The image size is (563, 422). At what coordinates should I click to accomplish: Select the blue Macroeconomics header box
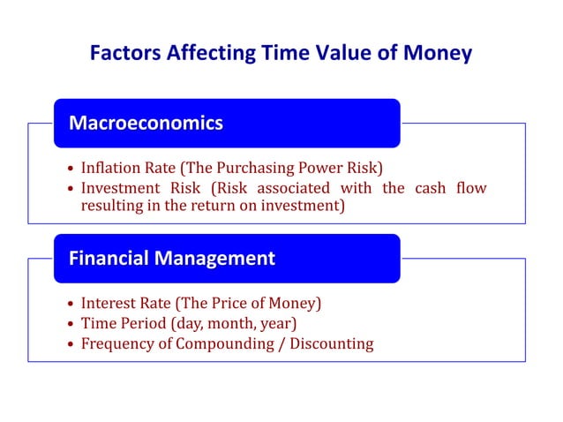[227, 124]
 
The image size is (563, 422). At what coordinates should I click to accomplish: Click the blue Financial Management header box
[227, 259]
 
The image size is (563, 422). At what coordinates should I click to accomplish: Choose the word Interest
[109, 304]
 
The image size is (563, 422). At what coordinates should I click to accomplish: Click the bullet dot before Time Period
[71, 324]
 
